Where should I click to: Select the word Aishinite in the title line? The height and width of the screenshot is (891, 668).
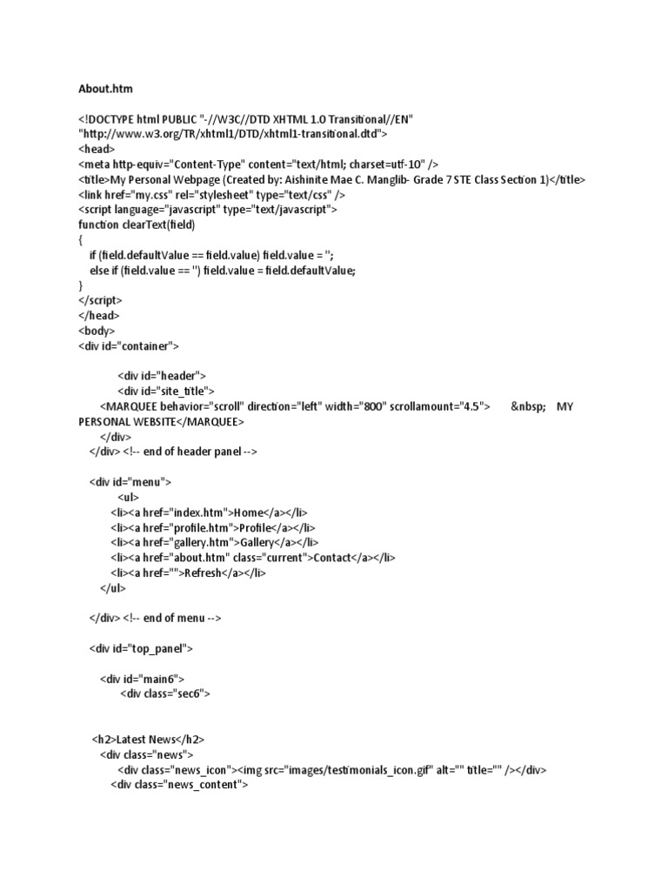point(348,179)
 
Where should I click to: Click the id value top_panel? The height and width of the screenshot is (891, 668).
point(157,648)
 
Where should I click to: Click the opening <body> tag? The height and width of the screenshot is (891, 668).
point(97,331)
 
